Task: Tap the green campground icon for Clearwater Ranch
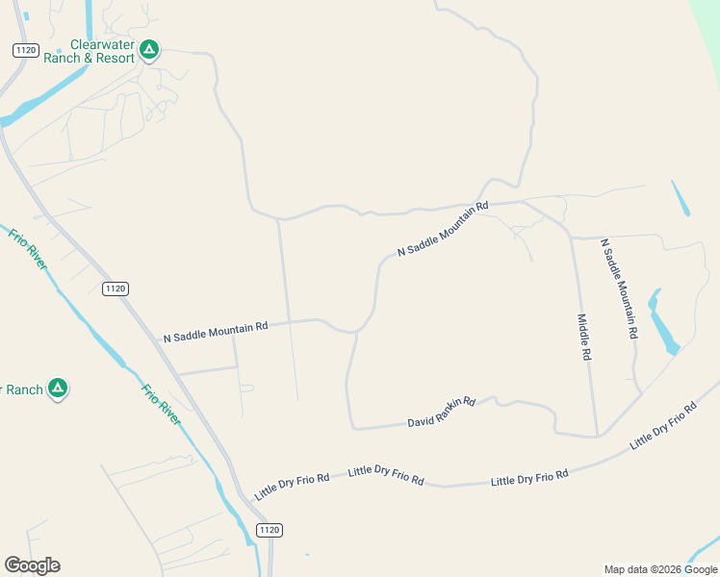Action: pos(149,49)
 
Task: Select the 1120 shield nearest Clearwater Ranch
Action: pos(25,50)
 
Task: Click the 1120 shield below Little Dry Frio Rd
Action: pos(270,530)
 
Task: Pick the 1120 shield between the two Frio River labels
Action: pos(115,288)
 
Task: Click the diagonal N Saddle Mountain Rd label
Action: pos(443,229)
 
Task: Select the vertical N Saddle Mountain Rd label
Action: pos(619,288)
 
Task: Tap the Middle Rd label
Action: pos(583,337)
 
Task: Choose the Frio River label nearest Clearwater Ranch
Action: pos(27,248)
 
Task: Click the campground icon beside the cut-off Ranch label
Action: pos(58,389)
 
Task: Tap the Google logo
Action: pos(32,565)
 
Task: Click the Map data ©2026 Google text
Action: pos(660,569)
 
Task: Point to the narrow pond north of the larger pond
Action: pos(681,198)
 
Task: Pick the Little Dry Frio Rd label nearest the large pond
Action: pos(662,427)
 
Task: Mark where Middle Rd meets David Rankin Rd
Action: pos(597,435)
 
